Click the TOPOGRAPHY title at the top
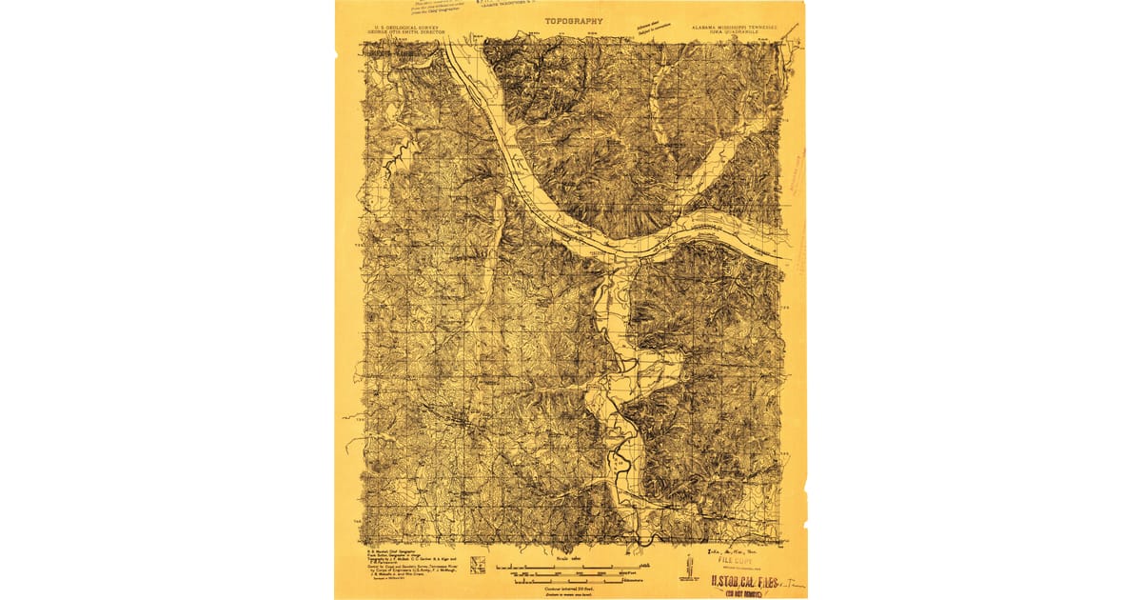pyautogui.click(x=574, y=20)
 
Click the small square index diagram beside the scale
pyautogui.click(x=478, y=564)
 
